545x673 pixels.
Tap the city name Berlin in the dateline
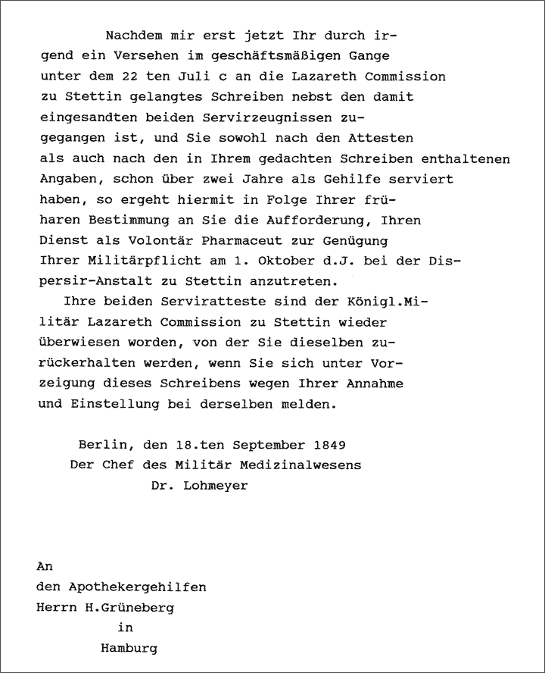click(x=99, y=444)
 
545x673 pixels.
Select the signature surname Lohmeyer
click(x=215, y=485)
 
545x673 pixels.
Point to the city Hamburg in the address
click(x=129, y=649)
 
